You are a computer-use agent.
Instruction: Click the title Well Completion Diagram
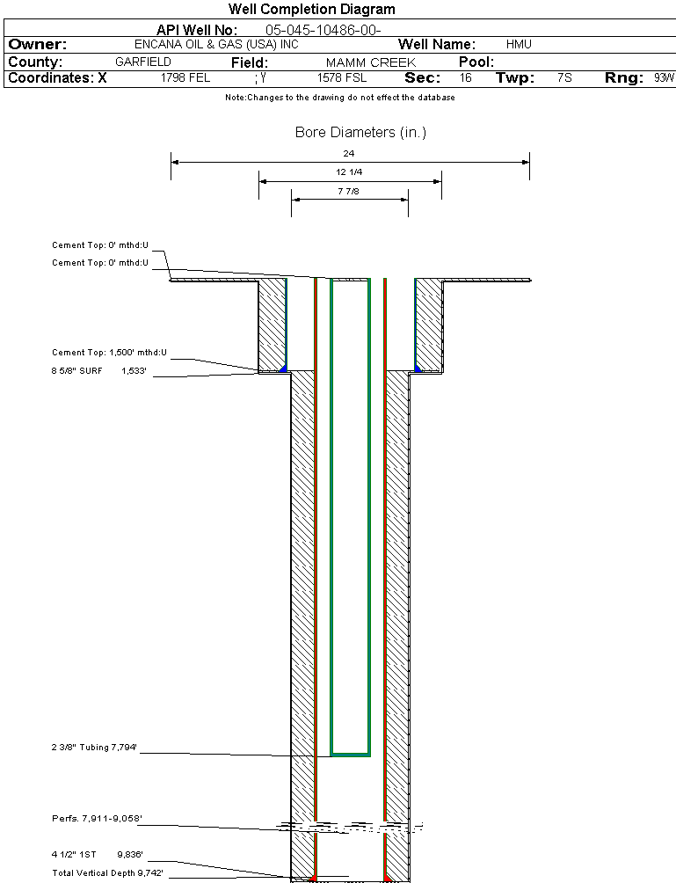(311, 9)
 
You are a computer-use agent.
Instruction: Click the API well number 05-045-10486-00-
(323, 30)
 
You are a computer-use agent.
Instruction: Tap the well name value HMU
(519, 44)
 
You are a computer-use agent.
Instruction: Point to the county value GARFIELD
(143, 62)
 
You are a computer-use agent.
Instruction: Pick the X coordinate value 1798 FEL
(185, 78)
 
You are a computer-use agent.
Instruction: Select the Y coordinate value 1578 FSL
(342, 78)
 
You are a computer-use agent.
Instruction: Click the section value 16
(465, 78)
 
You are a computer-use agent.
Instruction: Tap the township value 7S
(564, 78)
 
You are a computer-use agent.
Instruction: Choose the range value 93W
(664, 78)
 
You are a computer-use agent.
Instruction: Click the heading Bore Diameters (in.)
(360, 133)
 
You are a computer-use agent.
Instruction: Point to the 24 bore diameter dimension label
(349, 154)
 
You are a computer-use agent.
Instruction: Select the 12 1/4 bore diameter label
(349, 172)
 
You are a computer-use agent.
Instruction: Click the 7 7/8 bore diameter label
(349, 191)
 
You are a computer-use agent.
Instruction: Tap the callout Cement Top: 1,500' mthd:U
(109, 353)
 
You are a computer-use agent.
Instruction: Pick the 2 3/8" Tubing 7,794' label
(94, 748)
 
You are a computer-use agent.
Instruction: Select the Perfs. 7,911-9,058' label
(97, 819)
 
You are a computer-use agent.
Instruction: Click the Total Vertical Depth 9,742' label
(107, 872)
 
